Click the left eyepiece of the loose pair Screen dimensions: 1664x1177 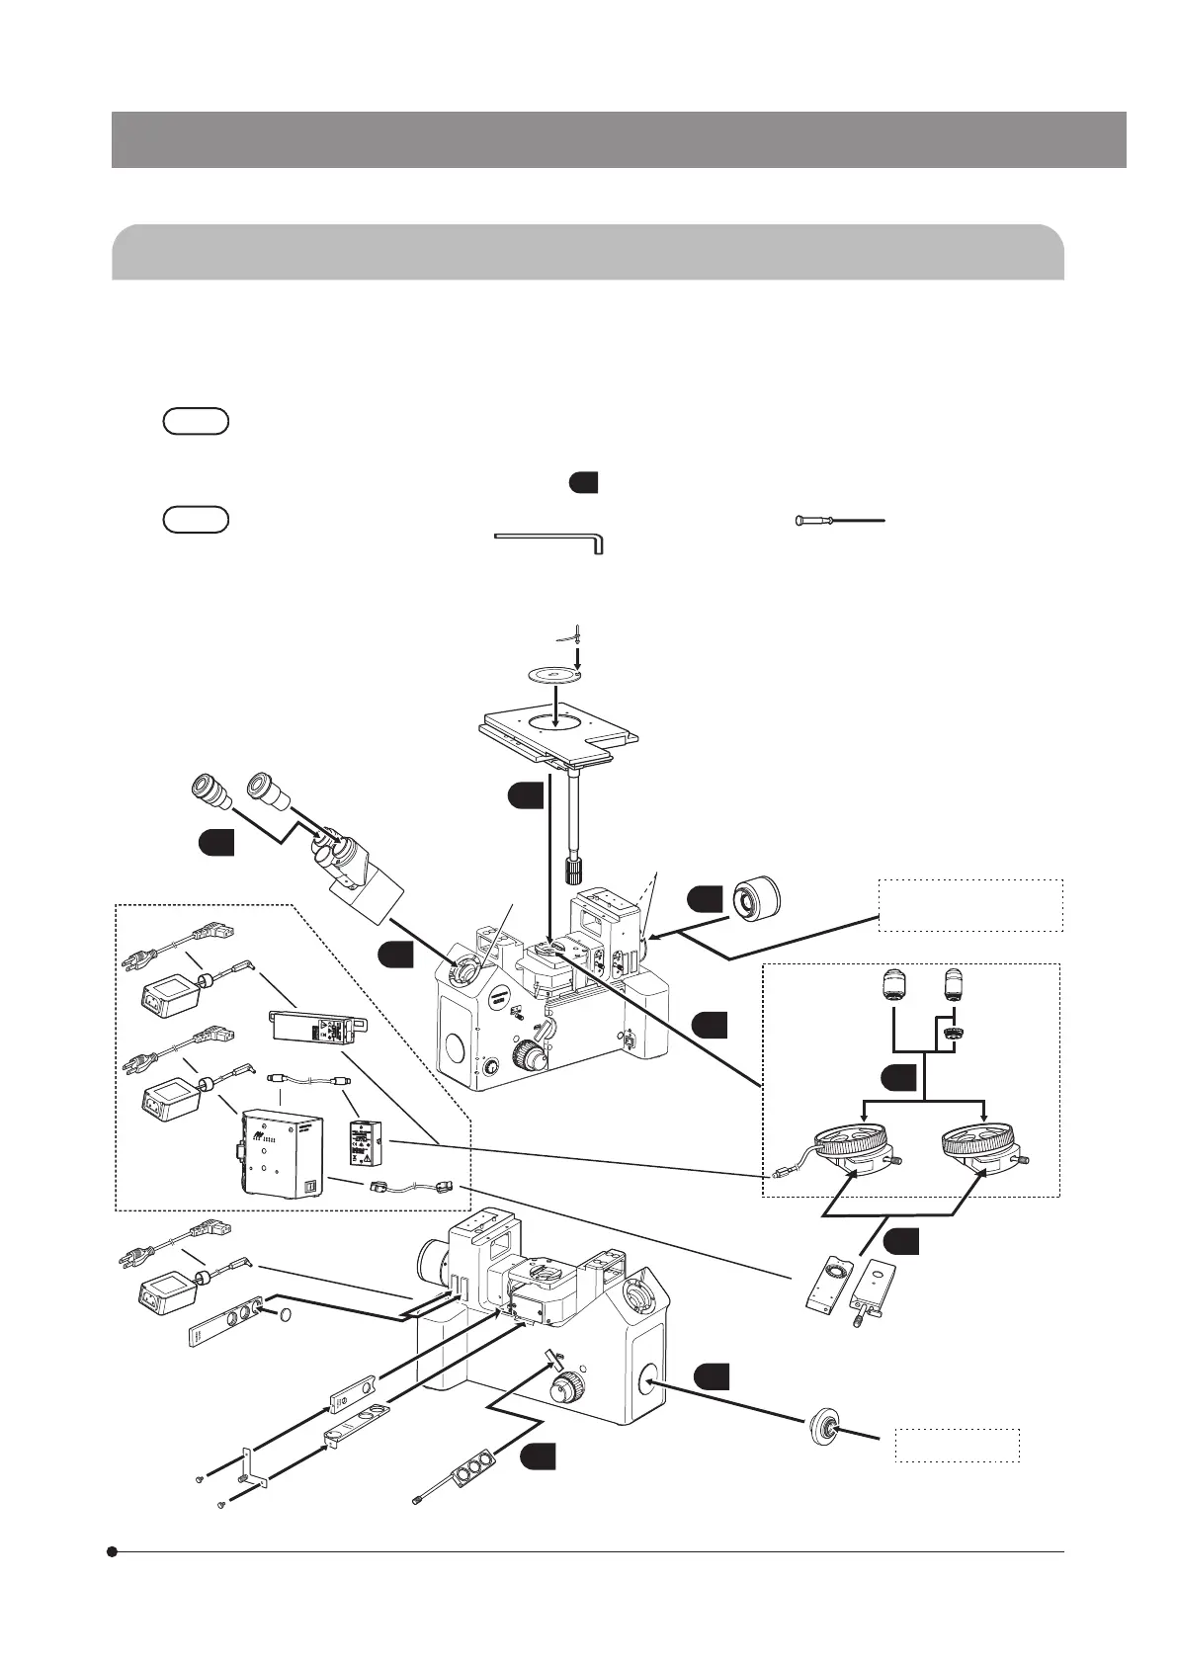tap(210, 790)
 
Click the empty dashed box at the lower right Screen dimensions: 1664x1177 tap(956, 1445)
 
